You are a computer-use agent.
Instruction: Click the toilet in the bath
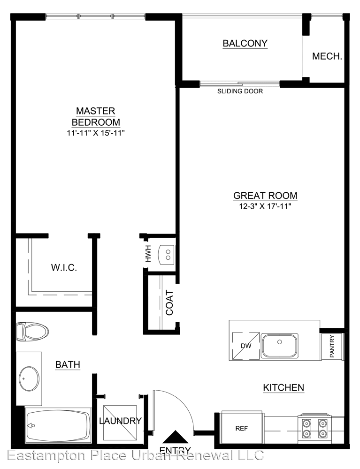pos(32,332)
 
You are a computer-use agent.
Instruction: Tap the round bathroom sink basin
pos(29,378)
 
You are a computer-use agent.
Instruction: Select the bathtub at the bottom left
pos(58,425)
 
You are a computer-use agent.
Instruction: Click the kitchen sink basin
pos(280,346)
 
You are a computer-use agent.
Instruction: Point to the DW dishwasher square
pos(245,346)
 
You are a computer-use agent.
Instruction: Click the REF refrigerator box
pos(242,428)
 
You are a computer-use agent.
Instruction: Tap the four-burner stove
pos(314,428)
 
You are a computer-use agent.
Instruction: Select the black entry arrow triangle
pos(176,437)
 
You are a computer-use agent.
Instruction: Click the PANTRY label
pos(332,346)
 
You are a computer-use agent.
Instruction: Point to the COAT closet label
pos(169,303)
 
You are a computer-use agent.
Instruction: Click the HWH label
pos(148,254)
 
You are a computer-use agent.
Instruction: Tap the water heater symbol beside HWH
pos(167,255)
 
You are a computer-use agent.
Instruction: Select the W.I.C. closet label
pos(64,267)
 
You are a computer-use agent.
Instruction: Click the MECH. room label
pos(327,56)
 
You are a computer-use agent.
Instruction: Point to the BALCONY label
pos(245,43)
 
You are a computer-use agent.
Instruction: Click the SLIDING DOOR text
pos(240,91)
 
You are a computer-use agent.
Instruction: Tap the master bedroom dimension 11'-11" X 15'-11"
pos(95,133)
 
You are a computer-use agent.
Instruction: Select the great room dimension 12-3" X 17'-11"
pos(265,206)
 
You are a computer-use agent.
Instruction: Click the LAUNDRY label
pos(120,421)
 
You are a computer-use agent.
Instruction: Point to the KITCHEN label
pos(283,388)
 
